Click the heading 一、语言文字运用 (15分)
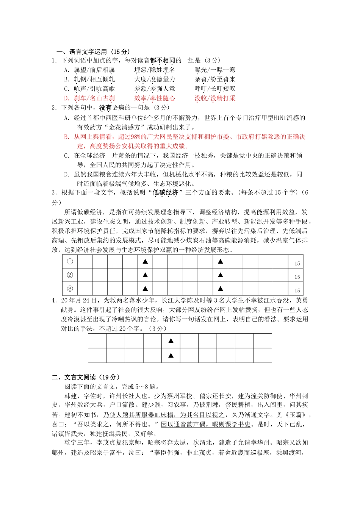[93, 52]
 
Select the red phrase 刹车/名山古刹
[94, 98]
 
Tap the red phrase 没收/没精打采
[215, 98]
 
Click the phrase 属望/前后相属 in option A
[94, 70]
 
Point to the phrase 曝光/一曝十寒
[215, 70]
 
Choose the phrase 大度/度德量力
[155, 79]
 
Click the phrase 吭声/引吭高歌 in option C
[94, 89]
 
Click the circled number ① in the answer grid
[70, 262]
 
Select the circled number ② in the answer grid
[70, 275]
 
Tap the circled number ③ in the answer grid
[70, 289]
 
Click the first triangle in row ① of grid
[145, 262]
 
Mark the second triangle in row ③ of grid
[221, 289]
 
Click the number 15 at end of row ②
[297, 277]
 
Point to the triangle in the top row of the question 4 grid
[171, 341]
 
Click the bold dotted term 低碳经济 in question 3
[165, 192]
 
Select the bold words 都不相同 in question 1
[163, 60]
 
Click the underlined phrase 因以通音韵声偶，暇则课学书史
[205, 424]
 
